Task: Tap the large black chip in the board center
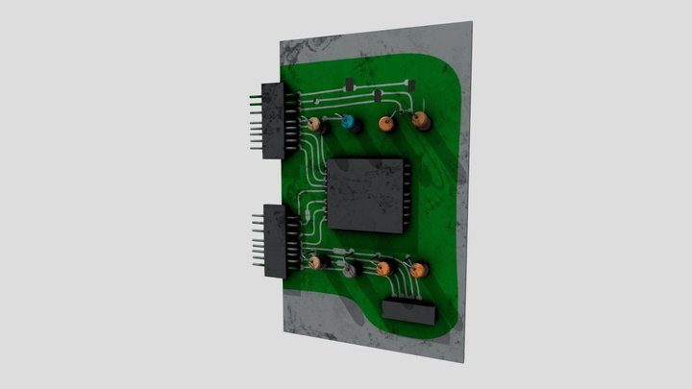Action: pos(368,195)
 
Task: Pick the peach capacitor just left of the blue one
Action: pos(315,125)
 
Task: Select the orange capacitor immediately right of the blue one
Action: pos(386,124)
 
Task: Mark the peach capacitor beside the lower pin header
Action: pos(314,261)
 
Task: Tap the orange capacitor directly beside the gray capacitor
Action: pos(383,269)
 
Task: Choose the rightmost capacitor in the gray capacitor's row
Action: pos(420,271)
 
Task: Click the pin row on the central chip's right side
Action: pos(408,197)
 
